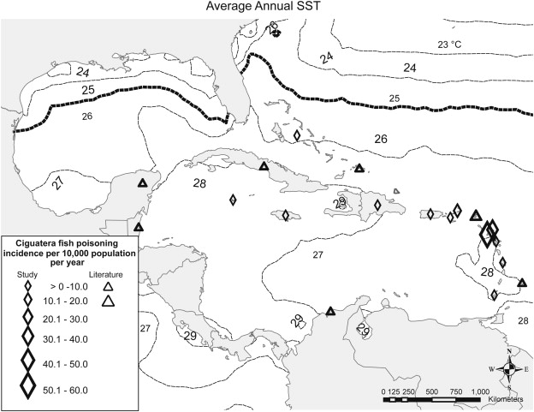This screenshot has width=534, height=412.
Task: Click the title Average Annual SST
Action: pyautogui.click(x=267, y=8)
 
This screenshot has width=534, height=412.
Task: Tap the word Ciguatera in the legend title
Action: pyautogui.click(x=31, y=241)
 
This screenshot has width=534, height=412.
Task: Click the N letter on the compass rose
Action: pyautogui.click(x=509, y=351)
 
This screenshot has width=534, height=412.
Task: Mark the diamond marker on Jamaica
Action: pyautogui.click(x=283, y=215)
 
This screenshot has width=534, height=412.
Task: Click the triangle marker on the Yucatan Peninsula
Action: pyautogui.click(x=143, y=182)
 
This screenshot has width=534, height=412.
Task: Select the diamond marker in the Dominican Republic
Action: pyautogui.click(x=375, y=206)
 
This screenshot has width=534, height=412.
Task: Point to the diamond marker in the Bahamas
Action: pyautogui.click(x=297, y=135)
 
